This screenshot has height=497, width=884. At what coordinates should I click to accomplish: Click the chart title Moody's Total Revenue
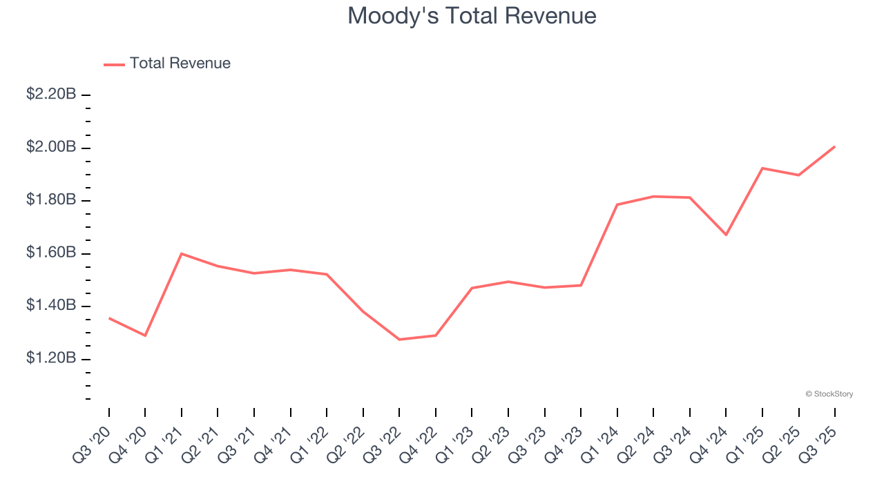pos(472,16)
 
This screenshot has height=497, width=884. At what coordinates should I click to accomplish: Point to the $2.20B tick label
pos(51,95)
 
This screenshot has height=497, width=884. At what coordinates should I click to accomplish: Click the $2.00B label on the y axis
pos(51,147)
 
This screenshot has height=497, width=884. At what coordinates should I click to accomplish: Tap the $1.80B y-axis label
pos(51,200)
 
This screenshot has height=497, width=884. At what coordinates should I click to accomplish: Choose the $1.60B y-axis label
pos(51,253)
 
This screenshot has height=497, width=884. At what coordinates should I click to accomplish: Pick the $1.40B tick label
pos(51,306)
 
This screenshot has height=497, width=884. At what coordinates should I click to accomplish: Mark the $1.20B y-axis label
pos(51,358)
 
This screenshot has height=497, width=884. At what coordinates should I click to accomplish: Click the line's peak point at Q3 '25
pos(834,146)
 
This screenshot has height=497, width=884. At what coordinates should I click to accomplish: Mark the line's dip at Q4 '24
pos(726,235)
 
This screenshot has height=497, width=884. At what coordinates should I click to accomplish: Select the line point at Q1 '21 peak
pos(181,253)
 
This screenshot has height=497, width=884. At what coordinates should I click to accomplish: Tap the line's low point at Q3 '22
pos(399,340)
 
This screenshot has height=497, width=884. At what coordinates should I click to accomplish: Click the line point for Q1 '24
pos(617,204)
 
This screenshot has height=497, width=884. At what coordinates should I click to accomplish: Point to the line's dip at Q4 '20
pos(145,335)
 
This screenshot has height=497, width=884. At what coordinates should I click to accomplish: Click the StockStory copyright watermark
pos(829,394)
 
